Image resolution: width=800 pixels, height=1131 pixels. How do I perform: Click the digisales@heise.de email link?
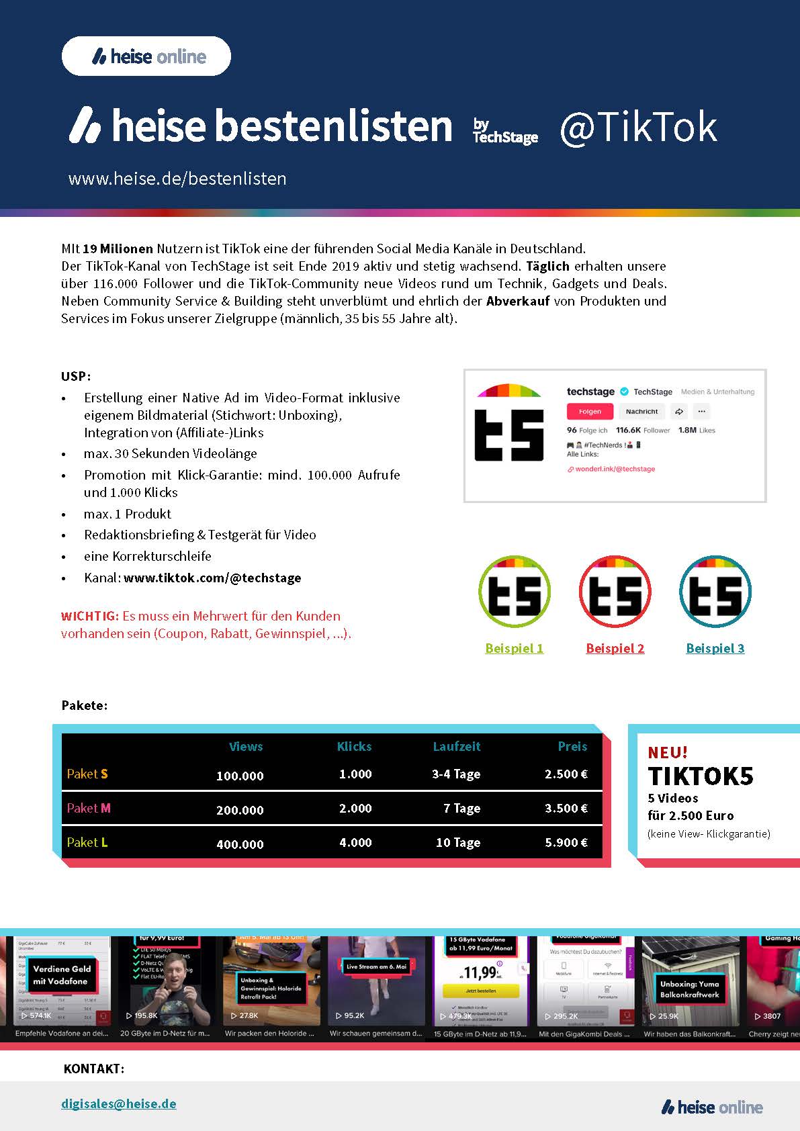click(x=118, y=1103)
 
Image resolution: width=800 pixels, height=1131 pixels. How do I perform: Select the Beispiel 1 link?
click(x=514, y=648)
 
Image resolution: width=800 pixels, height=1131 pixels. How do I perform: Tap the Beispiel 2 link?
click(x=615, y=648)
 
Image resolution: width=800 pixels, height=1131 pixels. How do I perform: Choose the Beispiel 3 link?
click(x=715, y=648)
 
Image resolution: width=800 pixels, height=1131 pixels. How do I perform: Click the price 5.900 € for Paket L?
click(x=566, y=842)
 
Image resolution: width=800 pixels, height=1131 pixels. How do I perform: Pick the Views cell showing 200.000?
click(x=240, y=810)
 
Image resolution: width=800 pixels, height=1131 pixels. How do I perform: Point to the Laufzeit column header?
click(x=456, y=746)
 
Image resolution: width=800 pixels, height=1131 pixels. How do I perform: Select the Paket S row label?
click(x=87, y=774)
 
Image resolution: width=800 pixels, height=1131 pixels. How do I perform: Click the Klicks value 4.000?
click(x=355, y=842)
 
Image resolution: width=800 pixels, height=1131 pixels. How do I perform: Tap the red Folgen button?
click(x=590, y=412)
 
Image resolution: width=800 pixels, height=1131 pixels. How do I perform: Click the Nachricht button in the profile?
click(x=641, y=412)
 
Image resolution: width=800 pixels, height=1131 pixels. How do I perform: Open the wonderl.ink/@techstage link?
click(x=615, y=469)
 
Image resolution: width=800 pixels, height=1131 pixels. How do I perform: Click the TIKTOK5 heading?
click(x=701, y=776)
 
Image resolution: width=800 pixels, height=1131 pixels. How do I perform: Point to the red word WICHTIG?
click(x=90, y=616)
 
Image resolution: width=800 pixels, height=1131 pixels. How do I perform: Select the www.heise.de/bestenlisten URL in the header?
click(x=177, y=179)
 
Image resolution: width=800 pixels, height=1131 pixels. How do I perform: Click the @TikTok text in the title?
click(x=638, y=127)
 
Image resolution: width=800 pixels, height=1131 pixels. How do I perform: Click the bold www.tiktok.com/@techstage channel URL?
click(x=212, y=578)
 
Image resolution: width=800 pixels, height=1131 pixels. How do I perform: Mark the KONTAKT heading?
click(x=94, y=1069)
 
